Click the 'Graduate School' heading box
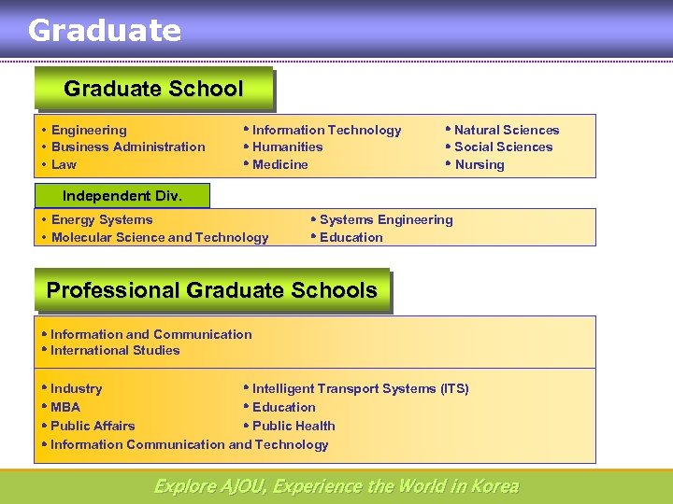(x=153, y=90)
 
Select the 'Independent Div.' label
(x=122, y=196)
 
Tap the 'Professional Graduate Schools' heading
(x=211, y=290)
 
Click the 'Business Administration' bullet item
(x=128, y=147)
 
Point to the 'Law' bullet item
(x=64, y=164)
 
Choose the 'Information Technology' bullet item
(x=326, y=130)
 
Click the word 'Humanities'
(x=287, y=147)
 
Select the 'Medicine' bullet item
(x=279, y=164)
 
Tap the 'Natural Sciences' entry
(x=506, y=130)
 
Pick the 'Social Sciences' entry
(x=503, y=147)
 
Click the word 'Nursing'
(x=479, y=164)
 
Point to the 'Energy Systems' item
(x=101, y=219)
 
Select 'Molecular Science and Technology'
(x=159, y=237)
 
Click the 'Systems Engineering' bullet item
(x=385, y=219)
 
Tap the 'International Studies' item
(x=114, y=350)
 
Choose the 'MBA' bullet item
(x=64, y=407)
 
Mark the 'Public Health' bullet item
(x=293, y=426)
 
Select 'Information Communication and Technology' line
(x=189, y=444)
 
